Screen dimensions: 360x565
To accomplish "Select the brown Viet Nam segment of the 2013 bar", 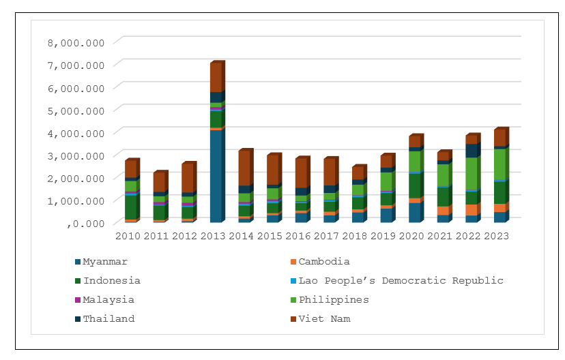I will coord(216,77).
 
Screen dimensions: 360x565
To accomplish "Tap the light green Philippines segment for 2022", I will coord(470,173).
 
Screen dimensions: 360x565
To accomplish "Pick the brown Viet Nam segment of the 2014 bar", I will coord(244,168).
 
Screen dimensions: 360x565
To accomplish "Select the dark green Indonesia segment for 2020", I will coord(414,185).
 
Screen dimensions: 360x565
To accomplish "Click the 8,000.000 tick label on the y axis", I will coord(76,42).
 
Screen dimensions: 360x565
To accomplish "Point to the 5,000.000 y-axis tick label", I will coord(76,110).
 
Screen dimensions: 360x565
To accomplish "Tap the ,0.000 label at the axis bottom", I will coord(85,223).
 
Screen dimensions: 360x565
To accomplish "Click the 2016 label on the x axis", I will coord(299,236).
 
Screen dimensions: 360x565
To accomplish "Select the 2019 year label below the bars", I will coord(385,236).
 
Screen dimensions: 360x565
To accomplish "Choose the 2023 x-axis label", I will coord(499,236).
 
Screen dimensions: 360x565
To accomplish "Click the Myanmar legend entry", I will coord(105,262).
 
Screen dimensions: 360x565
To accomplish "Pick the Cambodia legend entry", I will coord(324,262).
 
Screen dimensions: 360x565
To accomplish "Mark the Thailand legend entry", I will coord(108,319).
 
